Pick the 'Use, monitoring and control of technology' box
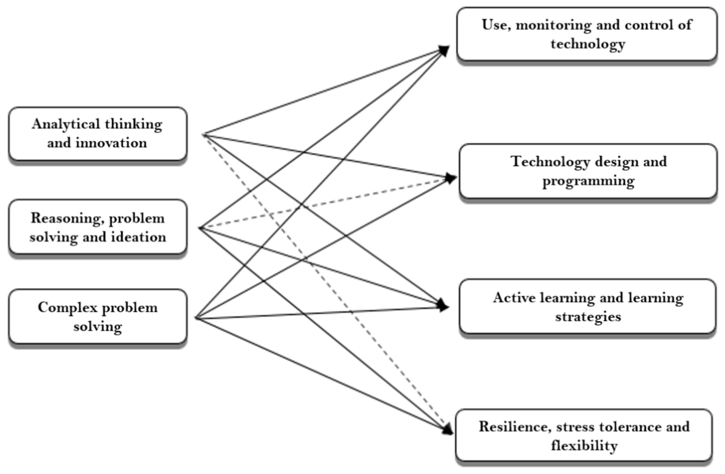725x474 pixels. pos(587,34)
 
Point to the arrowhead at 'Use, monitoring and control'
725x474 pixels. pos(445,50)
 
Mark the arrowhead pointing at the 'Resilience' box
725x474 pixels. pos(448,430)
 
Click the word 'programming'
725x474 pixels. pos(588,181)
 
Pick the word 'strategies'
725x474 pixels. pos(588,317)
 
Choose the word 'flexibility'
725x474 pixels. pos(584,446)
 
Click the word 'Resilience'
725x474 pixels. pos(515,426)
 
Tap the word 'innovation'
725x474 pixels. pos(111,143)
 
